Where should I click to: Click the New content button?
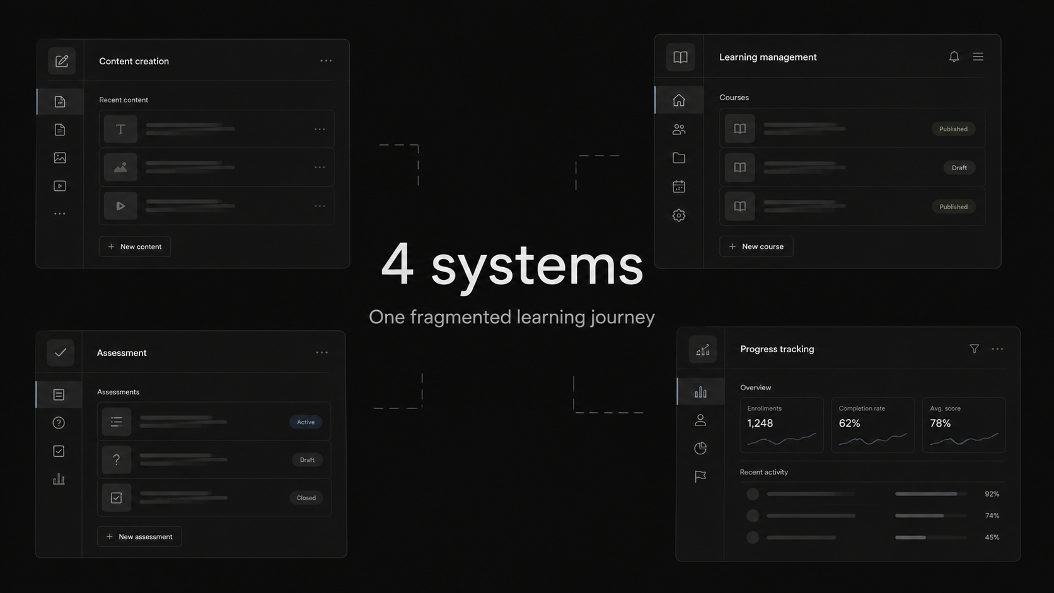coord(134,246)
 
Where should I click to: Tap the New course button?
coord(756,246)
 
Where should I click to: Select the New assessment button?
coord(139,536)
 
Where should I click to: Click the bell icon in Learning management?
coord(954,57)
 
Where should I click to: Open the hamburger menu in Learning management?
coord(978,57)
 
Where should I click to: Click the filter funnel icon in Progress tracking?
coord(975,348)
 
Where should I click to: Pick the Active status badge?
coord(306,422)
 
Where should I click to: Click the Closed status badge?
coord(306,498)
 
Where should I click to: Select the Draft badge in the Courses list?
coord(959,168)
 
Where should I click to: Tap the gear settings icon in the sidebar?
coord(678,216)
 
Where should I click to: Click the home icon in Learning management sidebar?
coord(678,100)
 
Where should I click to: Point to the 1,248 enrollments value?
coord(760,423)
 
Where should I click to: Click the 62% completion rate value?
coord(849,423)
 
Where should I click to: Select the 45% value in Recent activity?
coord(992,537)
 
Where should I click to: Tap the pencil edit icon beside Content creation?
coord(62,61)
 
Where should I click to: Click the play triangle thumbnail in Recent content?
coord(120,206)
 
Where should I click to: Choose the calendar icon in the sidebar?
coord(678,187)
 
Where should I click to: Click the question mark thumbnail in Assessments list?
coord(116,459)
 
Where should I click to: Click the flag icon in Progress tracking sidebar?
coord(700,476)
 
